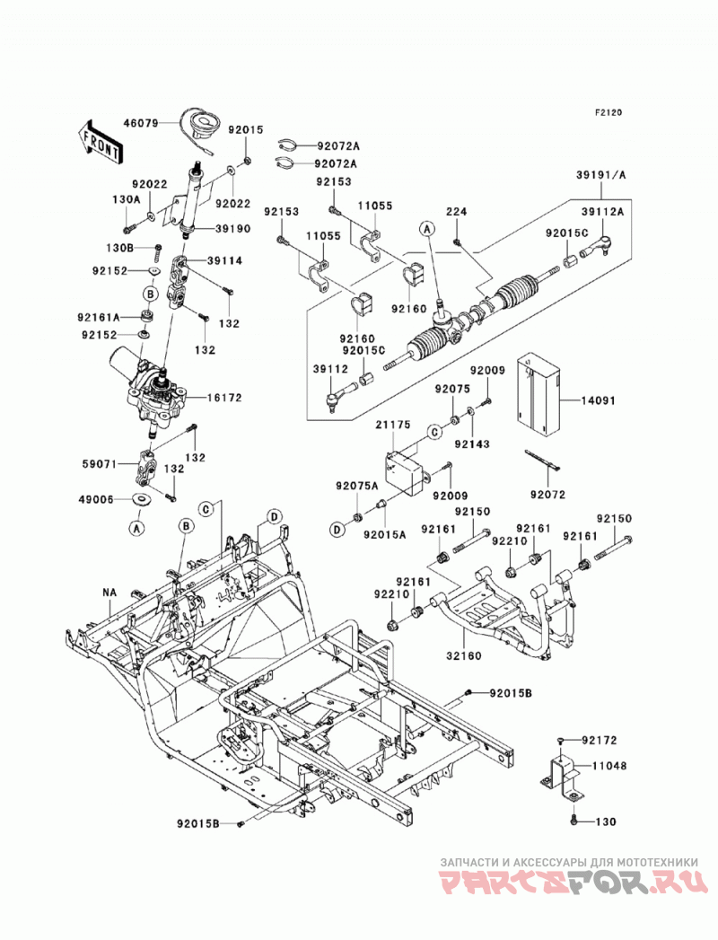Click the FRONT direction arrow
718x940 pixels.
click(101, 144)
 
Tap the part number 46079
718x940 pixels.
click(141, 124)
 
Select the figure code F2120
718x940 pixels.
click(609, 111)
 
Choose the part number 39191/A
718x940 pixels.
click(600, 175)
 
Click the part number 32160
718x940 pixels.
click(464, 655)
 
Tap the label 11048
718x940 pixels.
click(610, 766)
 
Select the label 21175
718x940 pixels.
click(392, 425)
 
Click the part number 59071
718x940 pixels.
click(100, 463)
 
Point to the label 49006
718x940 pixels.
click(96, 499)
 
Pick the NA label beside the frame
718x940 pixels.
click(109, 593)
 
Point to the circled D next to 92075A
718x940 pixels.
click(337, 530)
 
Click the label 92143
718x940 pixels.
click(472, 444)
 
